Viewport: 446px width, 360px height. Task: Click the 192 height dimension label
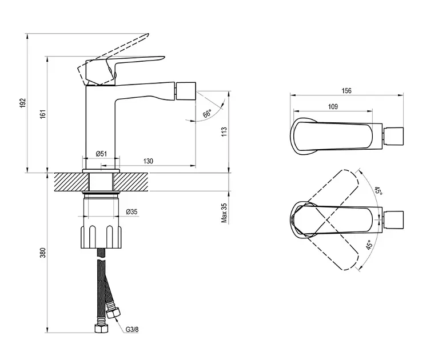[23, 103]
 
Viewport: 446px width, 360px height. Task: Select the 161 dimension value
[43, 114]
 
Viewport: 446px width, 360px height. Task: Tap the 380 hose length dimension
[43, 253]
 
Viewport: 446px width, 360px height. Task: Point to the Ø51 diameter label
[102, 154]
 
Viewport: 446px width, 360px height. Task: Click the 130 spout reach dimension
[148, 161]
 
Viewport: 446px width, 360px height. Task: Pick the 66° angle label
[208, 114]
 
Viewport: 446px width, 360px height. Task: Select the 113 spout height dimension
[224, 131]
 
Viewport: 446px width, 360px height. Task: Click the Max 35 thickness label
[224, 213]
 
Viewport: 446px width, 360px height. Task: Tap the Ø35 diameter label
[132, 211]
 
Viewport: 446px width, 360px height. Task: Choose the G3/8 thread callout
[132, 330]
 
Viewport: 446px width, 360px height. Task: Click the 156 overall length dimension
[347, 91]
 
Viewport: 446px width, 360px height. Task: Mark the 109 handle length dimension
[333, 107]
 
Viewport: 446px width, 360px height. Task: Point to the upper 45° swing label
[378, 191]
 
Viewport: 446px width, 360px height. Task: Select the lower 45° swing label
[369, 245]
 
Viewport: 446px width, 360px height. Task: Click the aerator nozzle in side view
[186, 91]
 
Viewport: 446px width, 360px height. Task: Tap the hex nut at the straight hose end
[101, 328]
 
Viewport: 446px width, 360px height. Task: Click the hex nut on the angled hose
[113, 313]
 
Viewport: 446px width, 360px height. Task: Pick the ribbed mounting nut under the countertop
[101, 237]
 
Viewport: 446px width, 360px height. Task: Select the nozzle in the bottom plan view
[394, 219]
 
